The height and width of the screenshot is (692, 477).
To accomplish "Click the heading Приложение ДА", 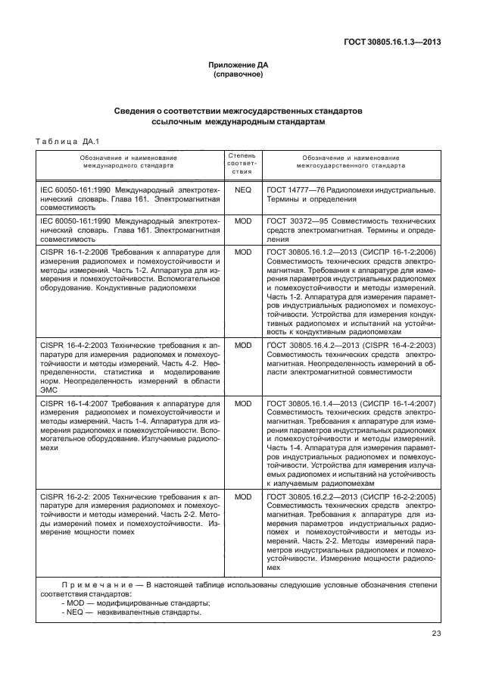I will [238, 66].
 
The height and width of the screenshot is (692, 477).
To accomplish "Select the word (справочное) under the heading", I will [238, 75].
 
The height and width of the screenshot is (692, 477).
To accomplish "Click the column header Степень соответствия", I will [242, 163].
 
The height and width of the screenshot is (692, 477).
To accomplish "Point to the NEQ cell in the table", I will [242, 189].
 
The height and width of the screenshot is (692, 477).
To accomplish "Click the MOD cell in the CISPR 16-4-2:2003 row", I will [242, 345].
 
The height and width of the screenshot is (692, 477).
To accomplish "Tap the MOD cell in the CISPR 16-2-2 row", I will [242, 497].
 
